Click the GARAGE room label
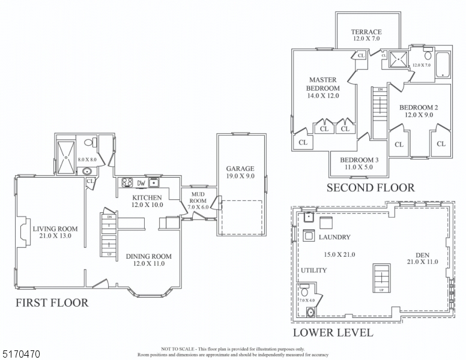pyautogui.click(x=240, y=169)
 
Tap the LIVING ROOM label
pyautogui.click(x=55, y=228)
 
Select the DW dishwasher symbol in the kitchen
pyautogui.click(x=141, y=183)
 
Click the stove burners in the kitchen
pyautogui.click(x=127, y=183)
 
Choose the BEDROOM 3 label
pyautogui.click(x=359, y=160)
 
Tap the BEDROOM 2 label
pyautogui.click(x=419, y=107)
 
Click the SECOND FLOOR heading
pyautogui.click(x=370, y=188)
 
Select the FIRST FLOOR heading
pyautogui.click(x=52, y=303)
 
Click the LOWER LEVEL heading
pyautogui.click(x=332, y=332)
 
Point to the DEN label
pyautogui.click(x=422, y=255)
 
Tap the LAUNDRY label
pyautogui.click(x=334, y=238)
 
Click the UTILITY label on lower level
pyautogui.click(x=313, y=271)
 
